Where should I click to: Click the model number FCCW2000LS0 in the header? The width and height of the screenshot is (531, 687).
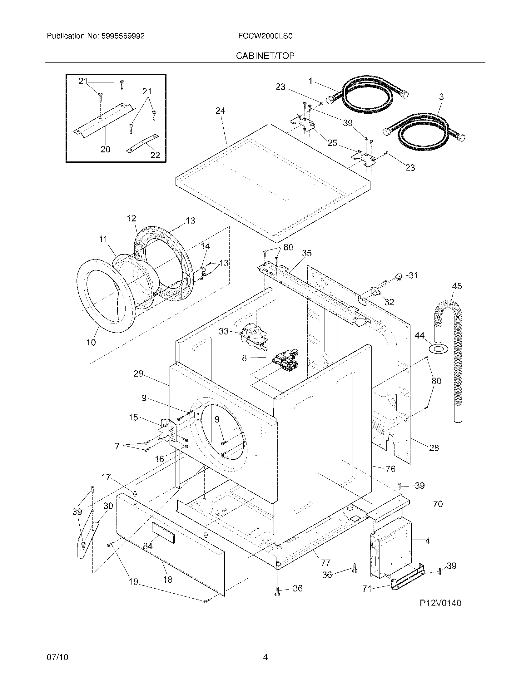pos(265,36)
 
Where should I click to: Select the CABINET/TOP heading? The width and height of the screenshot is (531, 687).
pos(265,56)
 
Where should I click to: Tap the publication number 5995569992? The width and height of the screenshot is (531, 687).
pos(123,36)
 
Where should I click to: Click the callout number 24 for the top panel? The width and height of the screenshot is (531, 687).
pos(220,111)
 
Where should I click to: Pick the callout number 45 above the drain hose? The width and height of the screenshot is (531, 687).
pos(457,286)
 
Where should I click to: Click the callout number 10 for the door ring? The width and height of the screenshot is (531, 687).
pos(91,342)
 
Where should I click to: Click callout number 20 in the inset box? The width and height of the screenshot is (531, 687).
pos(105,149)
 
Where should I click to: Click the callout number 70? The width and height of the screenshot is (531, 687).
pos(438,504)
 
